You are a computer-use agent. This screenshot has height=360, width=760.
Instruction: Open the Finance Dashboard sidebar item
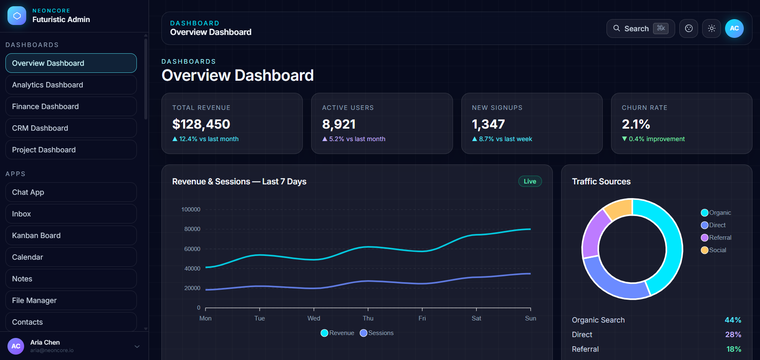pyautogui.click(x=71, y=107)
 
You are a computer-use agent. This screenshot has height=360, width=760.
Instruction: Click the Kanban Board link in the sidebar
pyautogui.click(x=71, y=236)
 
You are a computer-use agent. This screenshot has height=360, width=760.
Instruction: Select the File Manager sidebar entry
pyautogui.click(x=71, y=300)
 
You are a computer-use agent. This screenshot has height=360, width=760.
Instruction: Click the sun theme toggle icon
pyautogui.click(x=711, y=29)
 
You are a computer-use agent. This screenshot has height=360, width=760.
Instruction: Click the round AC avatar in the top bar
pyautogui.click(x=734, y=29)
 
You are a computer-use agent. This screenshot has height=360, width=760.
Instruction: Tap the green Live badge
pyautogui.click(x=530, y=181)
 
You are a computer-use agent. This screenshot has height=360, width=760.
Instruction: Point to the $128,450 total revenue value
pyautogui.click(x=201, y=124)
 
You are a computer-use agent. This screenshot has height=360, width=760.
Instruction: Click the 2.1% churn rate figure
pyautogui.click(x=636, y=124)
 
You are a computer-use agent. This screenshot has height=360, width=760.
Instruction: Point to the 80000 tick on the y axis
pyautogui.click(x=192, y=229)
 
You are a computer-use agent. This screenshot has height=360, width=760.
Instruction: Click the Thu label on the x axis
pyautogui.click(x=368, y=318)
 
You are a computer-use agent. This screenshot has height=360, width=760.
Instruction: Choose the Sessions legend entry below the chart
pyautogui.click(x=377, y=333)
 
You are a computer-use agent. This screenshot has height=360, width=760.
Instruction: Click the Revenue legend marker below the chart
pyautogui.click(x=324, y=333)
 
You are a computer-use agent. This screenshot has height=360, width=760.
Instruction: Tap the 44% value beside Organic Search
pyautogui.click(x=733, y=320)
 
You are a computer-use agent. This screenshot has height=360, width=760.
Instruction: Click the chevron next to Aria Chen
pyautogui.click(x=137, y=346)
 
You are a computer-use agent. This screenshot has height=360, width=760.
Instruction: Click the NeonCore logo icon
pyautogui.click(x=17, y=16)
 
